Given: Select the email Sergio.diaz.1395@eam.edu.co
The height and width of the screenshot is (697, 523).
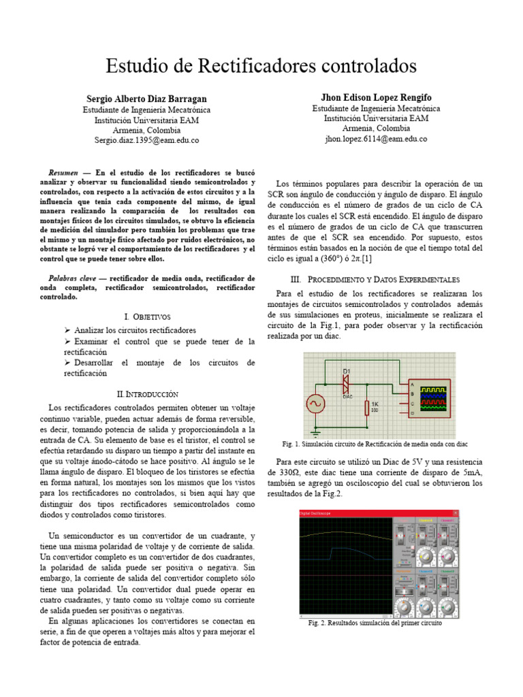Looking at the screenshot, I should coord(146,140).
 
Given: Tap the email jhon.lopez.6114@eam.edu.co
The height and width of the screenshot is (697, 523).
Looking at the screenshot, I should coord(376,139).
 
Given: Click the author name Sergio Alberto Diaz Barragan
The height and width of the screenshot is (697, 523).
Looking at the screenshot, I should coord(146,99).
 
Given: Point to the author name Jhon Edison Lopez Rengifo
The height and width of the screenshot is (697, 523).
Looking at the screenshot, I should coord(376,98).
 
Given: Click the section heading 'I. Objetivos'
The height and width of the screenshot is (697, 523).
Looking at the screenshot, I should coord(148,317).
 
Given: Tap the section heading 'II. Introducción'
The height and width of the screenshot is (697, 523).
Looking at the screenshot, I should coord(148,394).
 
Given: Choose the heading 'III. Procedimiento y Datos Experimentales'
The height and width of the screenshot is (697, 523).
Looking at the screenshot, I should coord(375,280).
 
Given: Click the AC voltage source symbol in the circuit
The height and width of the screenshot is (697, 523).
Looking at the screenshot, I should coord(316,404).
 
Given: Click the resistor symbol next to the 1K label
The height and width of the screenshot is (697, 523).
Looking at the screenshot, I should coord(366,408).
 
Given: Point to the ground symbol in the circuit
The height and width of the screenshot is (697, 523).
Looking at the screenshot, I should coord(316,430).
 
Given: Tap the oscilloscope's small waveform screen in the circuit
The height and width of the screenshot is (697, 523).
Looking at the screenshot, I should coord(434,398).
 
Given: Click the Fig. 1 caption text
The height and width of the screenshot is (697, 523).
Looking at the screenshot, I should coord(375,444).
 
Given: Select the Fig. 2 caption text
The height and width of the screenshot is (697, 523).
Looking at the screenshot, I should coord(375,623).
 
